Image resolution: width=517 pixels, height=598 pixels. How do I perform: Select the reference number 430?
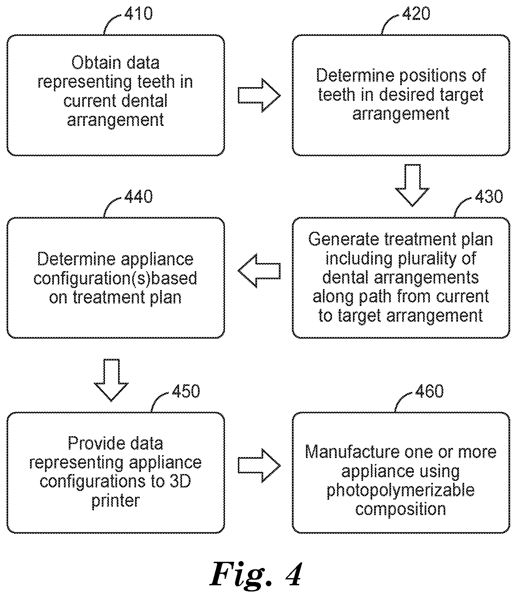489,197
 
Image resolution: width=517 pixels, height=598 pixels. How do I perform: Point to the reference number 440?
138,197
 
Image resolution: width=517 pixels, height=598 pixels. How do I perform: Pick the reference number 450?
186,391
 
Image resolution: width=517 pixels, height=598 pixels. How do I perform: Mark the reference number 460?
430,391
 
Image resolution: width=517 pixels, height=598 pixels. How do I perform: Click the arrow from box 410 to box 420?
259,96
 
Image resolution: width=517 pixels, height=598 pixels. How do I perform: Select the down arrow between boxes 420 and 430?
412,185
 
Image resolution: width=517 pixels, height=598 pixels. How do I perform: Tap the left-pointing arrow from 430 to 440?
259,271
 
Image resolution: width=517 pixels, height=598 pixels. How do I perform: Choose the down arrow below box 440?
111,380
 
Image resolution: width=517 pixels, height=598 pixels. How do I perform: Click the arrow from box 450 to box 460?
259,466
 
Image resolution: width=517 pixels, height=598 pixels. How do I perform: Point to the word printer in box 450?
115,501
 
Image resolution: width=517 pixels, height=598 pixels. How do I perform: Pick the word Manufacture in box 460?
352,452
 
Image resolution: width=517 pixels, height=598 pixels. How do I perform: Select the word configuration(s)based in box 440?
115,278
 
